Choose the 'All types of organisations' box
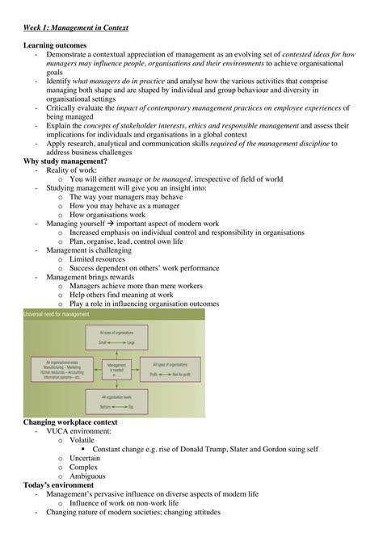click(172, 369)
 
